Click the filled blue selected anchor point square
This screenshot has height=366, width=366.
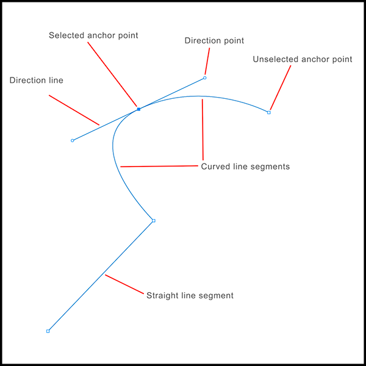pos(138,109)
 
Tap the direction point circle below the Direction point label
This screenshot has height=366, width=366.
pos(205,77)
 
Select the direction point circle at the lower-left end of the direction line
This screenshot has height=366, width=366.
pos(73,140)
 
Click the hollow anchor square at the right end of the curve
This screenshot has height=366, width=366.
pos(269,112)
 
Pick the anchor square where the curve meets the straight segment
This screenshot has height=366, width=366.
pos(154,221)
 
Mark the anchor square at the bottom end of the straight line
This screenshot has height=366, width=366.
pos(48,331)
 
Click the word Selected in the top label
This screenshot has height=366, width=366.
pos(66,35)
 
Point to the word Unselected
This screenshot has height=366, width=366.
pos(276,59)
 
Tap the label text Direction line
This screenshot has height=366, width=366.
pos(37,81)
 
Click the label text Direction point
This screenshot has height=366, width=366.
pos(214,41)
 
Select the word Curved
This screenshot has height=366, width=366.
pos(216,167)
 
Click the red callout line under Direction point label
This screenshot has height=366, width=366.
pos(207,61)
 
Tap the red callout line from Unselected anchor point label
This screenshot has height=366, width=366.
pos(281,87)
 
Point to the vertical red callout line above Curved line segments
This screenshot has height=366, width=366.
pos(203,129)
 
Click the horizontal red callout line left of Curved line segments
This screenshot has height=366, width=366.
pos(159,166)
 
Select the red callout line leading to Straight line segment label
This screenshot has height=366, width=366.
pos(124,284)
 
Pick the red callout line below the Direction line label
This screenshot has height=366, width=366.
pos(74,110)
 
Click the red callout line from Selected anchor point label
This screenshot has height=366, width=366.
pos(112,74)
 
